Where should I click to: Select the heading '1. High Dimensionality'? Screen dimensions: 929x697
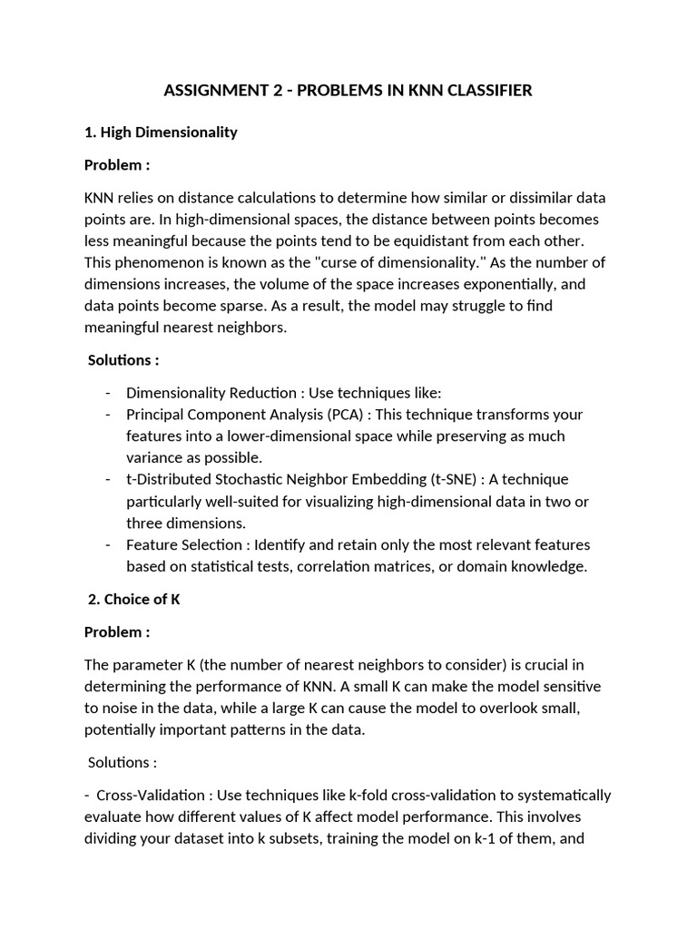[x=161, y=132]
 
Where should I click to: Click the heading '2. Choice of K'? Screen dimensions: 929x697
[x=133, y=599]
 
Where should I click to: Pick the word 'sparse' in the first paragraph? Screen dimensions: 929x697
[x=289, y=306]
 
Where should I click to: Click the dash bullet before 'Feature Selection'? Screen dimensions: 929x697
[x=109, y=544]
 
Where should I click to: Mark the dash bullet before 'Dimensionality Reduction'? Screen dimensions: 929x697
[x=109, y=392]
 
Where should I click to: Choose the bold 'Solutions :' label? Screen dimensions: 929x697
[x=123, y=359]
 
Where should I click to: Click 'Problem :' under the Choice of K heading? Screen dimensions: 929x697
[x=117, y=631]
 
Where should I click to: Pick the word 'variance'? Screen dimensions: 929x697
[x=155, y=457]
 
